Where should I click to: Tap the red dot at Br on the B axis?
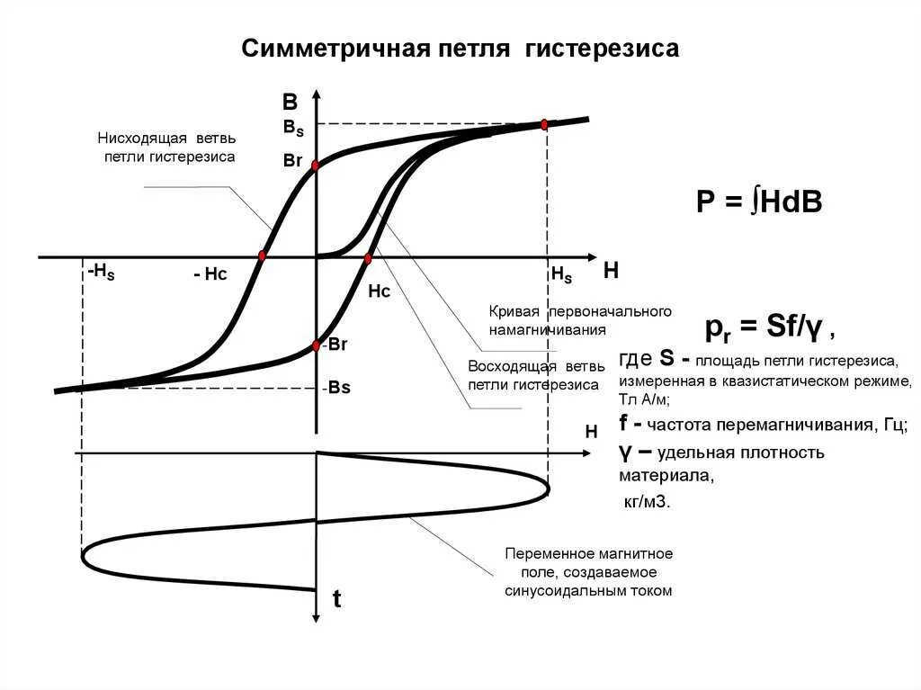click(316, 166)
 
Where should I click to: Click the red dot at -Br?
click(316, 346)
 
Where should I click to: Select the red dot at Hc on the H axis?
click(368, 258)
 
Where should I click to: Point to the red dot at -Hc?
click(262, 256)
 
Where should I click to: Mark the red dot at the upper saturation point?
click(544, 124)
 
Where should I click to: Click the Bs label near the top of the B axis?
click(293, 128)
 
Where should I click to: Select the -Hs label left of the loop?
click(101, 272)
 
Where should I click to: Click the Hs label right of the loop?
click(561, 275)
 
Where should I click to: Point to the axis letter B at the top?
click(290, 102)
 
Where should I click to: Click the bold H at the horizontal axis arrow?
click(611, 270)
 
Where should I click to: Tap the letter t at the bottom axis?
click(336, 600)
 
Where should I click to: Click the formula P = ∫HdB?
click(759, 203)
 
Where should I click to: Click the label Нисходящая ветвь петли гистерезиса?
click(168, 148)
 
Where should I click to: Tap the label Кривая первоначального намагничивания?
click(580, 320)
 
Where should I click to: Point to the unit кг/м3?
click(646, 502)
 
